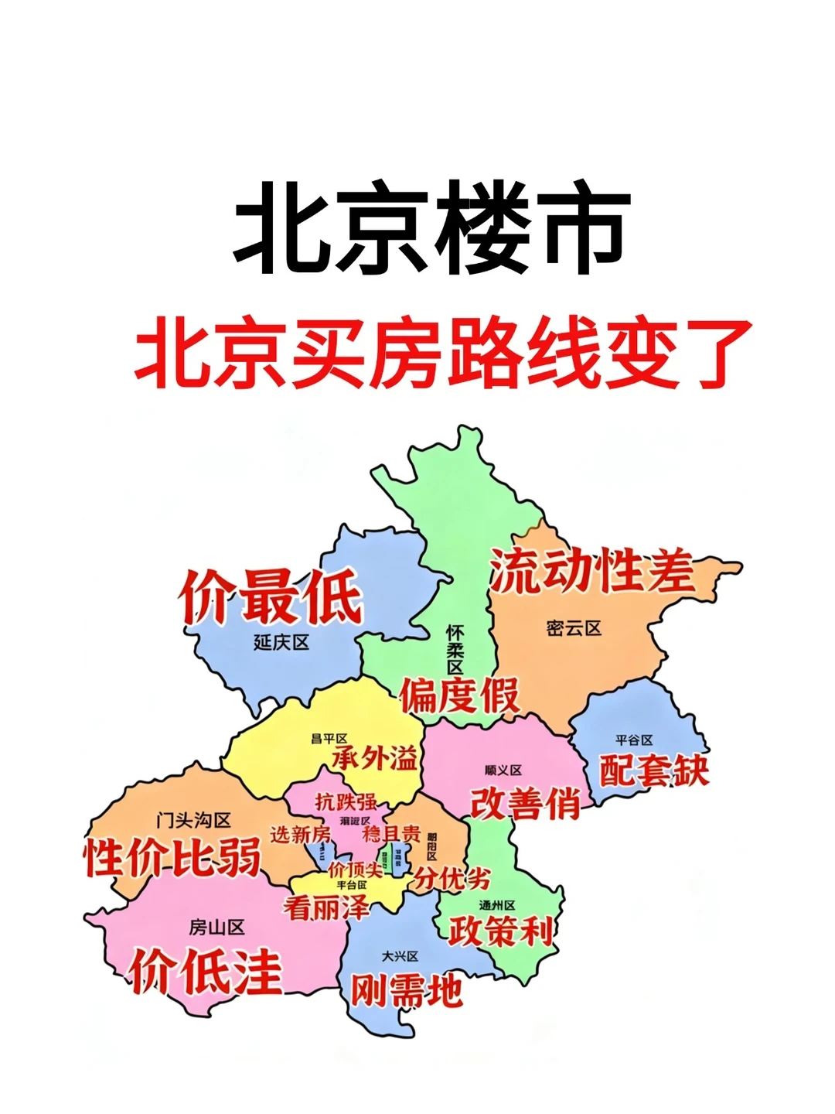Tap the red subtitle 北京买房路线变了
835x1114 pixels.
coord(443,354)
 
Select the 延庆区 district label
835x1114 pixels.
coord(281,642)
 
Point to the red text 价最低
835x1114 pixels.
coord(271,596)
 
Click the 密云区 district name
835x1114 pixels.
coord(573,628)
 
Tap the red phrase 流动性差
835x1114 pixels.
coord(591,572)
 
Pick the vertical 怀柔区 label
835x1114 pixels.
coord(455,650)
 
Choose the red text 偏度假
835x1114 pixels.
coord(459,695)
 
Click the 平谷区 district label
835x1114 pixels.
coord(634,740)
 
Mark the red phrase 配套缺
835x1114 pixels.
coord(654,769)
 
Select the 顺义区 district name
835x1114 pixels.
coord(503,771)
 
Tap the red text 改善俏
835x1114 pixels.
coord(525,803)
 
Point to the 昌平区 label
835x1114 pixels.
coord(329,739)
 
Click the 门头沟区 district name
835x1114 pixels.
coord(193,820)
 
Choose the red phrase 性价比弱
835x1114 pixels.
coord(172,857)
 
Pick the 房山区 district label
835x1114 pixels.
coord(216,927)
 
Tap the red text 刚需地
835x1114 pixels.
coord(407,989)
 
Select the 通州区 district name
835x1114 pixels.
coord(496,904)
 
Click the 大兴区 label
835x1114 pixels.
coord(400,957)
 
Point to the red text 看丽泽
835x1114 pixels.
coord(325,907)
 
